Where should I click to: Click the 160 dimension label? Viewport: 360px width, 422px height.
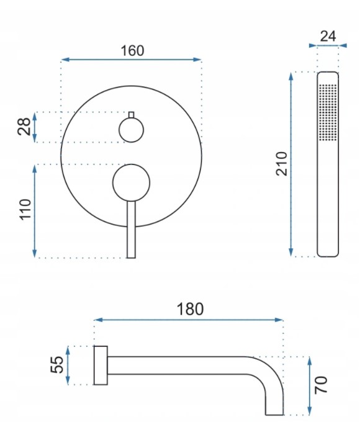[x=132, y=51]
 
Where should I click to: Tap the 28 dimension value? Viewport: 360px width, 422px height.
[x=24, y=126]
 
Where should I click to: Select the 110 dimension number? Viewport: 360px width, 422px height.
[x=25, y=210]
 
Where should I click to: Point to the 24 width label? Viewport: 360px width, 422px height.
[x=328, y=36]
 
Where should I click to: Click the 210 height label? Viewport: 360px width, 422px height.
[x=282, y=164]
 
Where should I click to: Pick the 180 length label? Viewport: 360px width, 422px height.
[x=190, y=309]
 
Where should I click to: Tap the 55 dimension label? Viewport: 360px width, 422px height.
[x=57, y=365]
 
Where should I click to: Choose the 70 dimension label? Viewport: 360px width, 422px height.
[x=321, y=385]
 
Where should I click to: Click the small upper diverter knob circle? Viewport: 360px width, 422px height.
[x=132, y=130]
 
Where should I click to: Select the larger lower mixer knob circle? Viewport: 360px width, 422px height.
[x=131, y=182]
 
